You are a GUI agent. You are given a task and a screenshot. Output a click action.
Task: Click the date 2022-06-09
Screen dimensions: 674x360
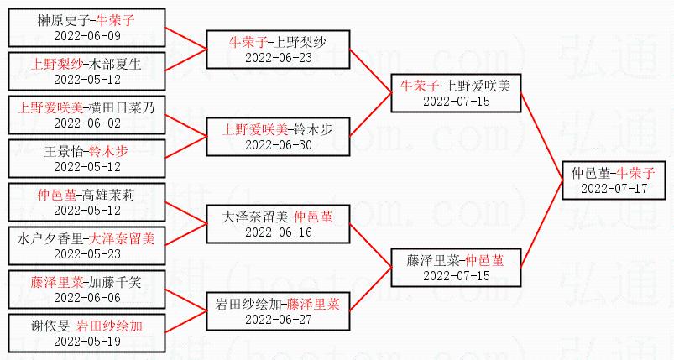click(x=87, y=36)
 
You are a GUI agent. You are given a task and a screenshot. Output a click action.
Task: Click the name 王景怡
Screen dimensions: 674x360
click(x=65, y=152)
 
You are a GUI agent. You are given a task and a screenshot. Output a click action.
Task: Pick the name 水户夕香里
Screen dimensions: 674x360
click(x=51, y=239)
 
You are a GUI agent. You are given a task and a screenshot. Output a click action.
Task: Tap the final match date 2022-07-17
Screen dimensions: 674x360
click(x=613, y=189)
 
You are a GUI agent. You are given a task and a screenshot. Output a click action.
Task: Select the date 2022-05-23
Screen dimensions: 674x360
click(x=87, y=254)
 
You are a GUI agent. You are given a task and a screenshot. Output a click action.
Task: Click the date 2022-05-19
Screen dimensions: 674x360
click(x=87, y=342)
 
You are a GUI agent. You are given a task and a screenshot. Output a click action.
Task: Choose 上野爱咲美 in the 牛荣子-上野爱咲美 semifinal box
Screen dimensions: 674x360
click(x=482, y=86)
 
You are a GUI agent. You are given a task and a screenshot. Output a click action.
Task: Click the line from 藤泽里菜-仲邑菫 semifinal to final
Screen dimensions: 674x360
click(x=542, y=222)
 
